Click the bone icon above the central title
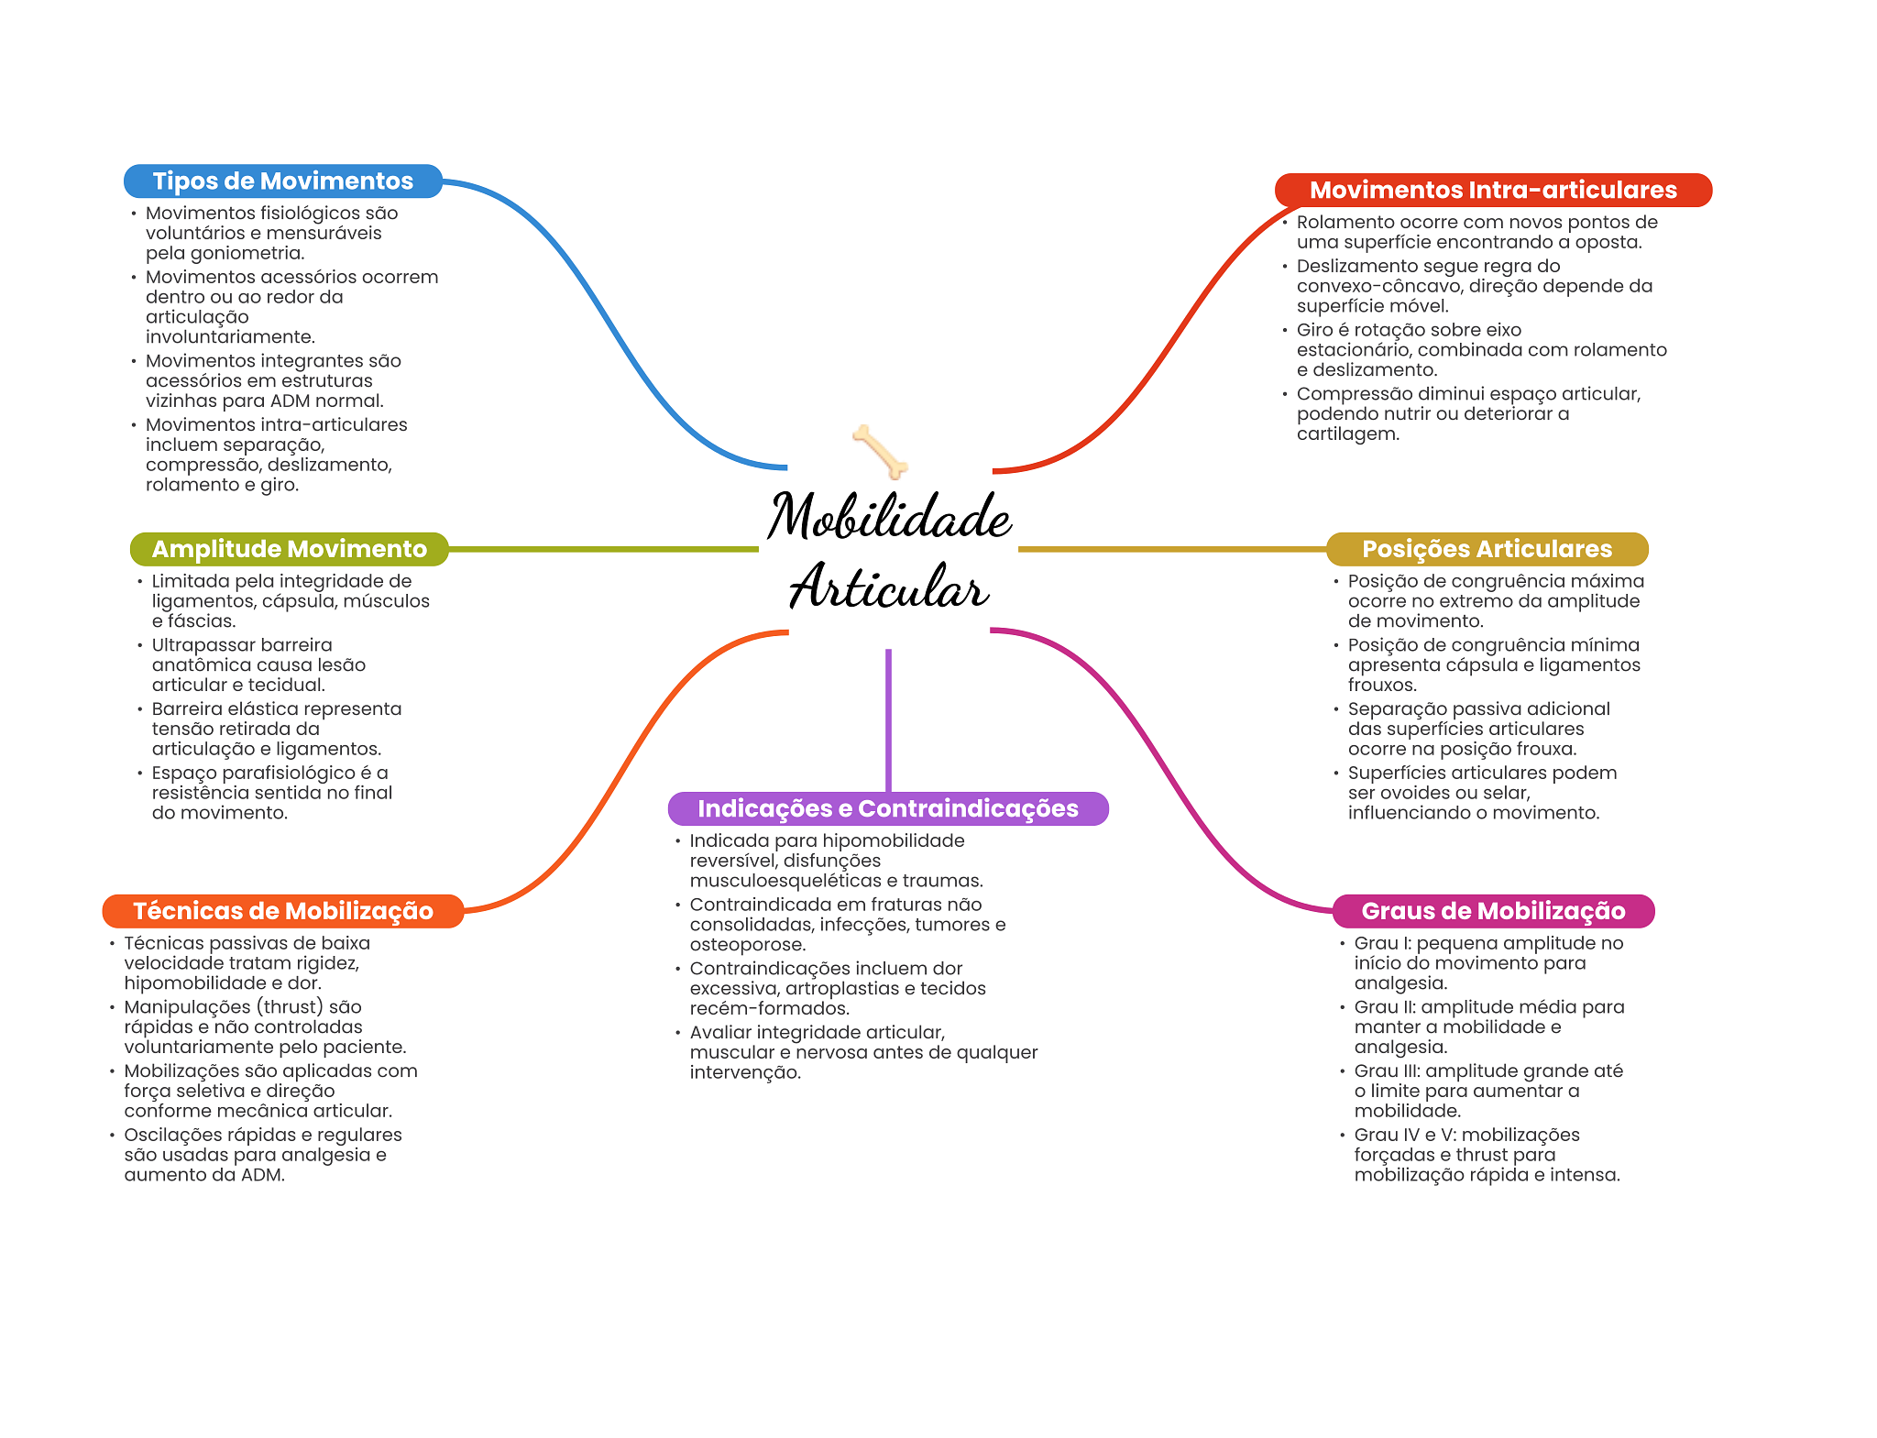[x=880, y=452]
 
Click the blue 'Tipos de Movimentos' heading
[x=283, y=181]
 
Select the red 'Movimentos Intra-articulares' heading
[x=1493, y=191]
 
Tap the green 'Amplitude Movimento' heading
[x=290, y=549]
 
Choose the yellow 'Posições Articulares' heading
[x=1487, y=549]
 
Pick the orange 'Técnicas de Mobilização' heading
[x=283, y=911]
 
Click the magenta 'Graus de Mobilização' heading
[x=1493, y=911]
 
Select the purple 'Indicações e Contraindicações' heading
[x=888, y=808]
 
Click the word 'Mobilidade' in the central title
[x=889, y=515]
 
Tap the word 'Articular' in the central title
[x=889, y=586]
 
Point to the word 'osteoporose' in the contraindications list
[x=746, y=945]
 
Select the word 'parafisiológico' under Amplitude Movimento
[x=297, y=774]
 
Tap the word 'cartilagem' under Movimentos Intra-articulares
[x=1346, y=434]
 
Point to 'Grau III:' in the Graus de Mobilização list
[x=1387, y=1071]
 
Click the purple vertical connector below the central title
[x=888, y=720]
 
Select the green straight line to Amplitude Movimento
[x=604, y=550]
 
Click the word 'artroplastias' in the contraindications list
[x=833, y=989]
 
